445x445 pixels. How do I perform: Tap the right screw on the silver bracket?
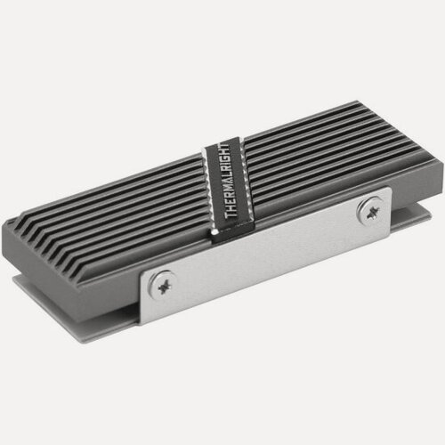pos(368,210)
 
